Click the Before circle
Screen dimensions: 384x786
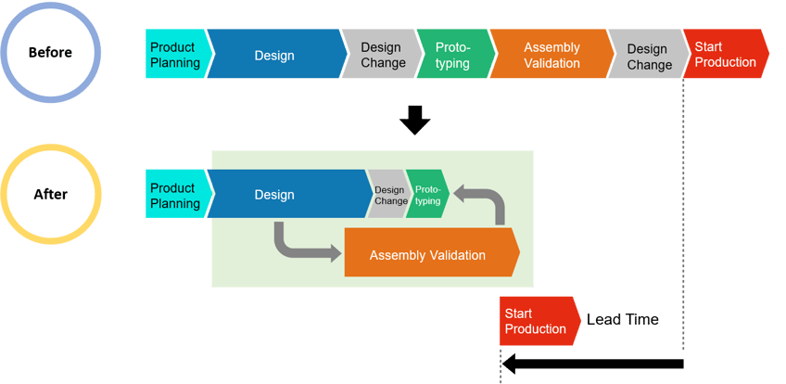coord(51,52)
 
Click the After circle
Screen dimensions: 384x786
coord(51,195)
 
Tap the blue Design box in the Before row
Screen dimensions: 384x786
coord(274,55)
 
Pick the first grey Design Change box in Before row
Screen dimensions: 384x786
coord(380,55)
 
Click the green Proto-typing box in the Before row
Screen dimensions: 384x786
coord(452,55)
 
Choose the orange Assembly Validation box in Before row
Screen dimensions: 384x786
coord(551,55)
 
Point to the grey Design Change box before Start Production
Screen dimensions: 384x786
coord(648,55)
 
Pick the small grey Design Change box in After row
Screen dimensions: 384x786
coord(389,195)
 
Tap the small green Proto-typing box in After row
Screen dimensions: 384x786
coord(427,195)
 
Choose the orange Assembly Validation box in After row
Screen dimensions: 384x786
coord(429,254)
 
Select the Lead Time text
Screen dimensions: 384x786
coord(622,320)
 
